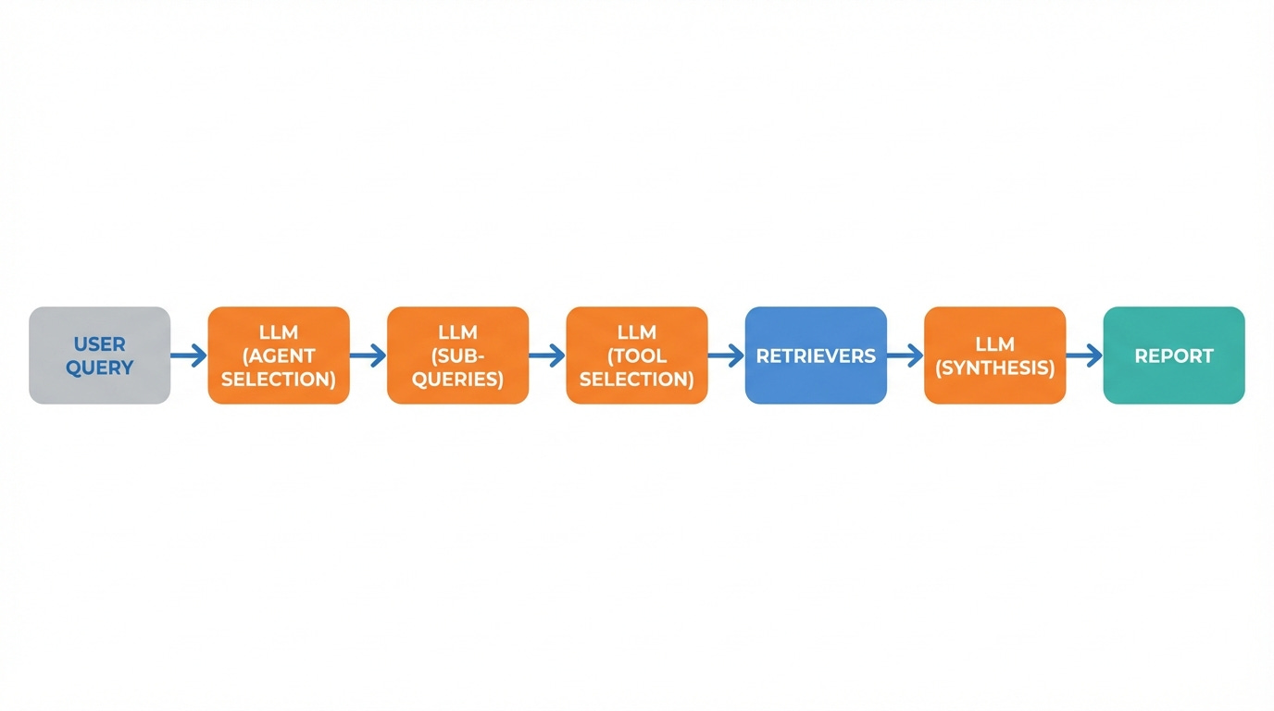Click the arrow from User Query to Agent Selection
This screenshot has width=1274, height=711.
coord(189,355)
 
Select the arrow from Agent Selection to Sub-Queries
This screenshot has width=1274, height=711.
coord(368,355)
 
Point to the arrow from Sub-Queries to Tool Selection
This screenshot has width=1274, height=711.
coord(547,355)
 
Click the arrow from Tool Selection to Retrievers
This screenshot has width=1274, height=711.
coord(726,355)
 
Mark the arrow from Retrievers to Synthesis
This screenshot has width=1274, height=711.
coord(905,355)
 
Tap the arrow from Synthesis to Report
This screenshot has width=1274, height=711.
coord(1084,355)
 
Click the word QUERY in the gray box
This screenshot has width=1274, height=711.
coord(99,368)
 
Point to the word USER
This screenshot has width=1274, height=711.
coord(99,344)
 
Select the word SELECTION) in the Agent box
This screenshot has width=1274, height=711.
coord(279,379)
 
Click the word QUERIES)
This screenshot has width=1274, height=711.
coord(457,379)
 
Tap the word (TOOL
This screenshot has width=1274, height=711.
coord(637,355)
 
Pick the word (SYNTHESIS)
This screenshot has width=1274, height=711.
coord(994,368)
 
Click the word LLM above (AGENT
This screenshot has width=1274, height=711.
coord(279,332)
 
